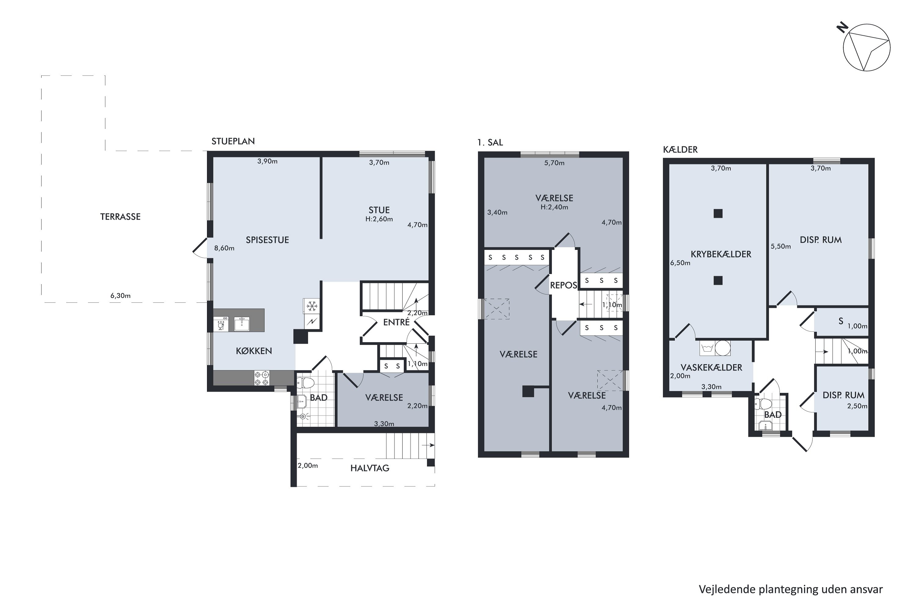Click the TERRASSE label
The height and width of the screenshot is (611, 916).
click(120, 217)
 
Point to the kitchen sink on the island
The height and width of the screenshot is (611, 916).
click(242, 324)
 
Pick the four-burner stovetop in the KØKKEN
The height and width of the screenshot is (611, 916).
click(262, 378)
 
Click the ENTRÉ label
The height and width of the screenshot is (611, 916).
click(396, 322)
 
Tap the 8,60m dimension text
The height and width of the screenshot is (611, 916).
click(224, 248)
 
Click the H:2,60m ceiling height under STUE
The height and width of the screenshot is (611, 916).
click(379, 219)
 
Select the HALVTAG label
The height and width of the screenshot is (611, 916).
click(369, 468)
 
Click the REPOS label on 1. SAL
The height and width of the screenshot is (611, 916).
click(563, 285)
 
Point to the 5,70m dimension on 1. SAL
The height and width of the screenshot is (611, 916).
click(554, 163)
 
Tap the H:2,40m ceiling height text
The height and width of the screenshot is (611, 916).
click(554, 207)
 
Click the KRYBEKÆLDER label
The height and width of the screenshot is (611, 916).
click(721, 254)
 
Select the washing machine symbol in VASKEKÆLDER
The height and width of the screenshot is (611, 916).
click(707, 348)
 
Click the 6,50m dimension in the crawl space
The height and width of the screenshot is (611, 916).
click(680, 263)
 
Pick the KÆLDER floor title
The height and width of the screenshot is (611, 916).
click(680, 149)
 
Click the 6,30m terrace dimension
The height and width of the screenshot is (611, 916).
click(120, 296)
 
